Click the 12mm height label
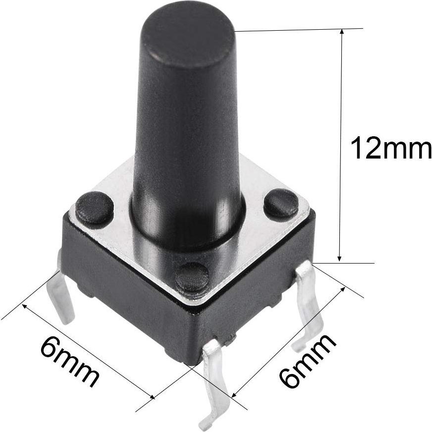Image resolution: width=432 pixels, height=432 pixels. tap(390, 149)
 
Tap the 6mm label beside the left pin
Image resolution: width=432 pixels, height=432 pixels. tap(69, 362)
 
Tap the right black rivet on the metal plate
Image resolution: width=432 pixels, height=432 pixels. tap(281, 204)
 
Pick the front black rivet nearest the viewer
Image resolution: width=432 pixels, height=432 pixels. tap(192, 276)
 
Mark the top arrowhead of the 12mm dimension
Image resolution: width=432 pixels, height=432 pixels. tap(340, 33)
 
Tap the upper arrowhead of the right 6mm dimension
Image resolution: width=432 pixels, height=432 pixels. tap(342, 289)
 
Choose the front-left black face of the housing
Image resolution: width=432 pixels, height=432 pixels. tap(124, 292)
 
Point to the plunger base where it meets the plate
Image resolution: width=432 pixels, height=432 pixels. tap(187, 233)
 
